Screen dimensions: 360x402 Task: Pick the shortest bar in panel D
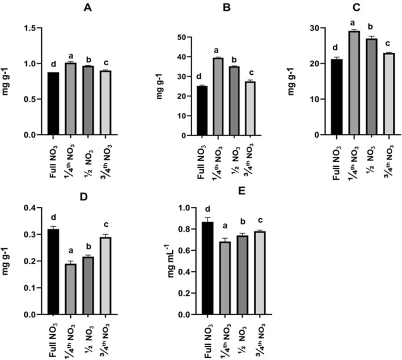coord(71,289)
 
